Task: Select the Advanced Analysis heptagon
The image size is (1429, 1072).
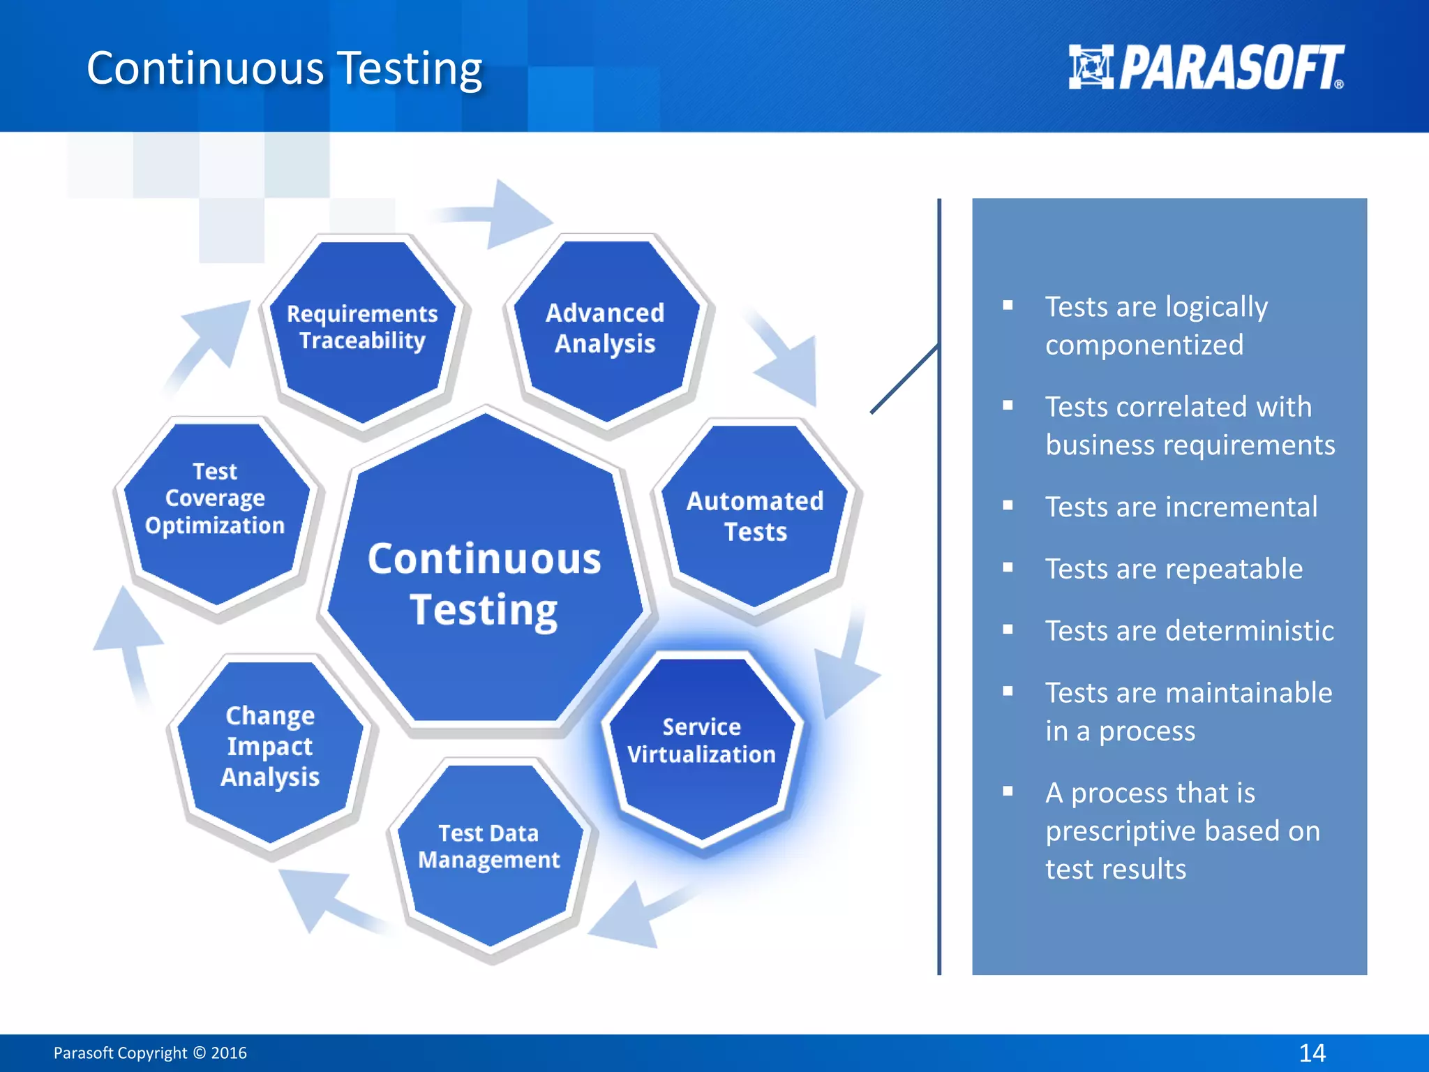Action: click(605, 329)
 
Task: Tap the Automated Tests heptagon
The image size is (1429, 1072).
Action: click(755, 516)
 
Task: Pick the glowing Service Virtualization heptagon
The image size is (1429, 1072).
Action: click(701, 744)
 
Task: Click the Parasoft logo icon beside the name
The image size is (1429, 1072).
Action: click(1091, 67)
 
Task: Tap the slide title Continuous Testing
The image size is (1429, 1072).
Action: click(284, 68)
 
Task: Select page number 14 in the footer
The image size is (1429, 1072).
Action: click(1312, 1052)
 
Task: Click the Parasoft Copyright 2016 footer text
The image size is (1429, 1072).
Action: click(150, 1052)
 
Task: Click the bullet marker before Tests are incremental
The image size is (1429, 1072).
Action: click(1008, 505)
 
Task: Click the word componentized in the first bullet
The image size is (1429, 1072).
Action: click(1144, 345)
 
